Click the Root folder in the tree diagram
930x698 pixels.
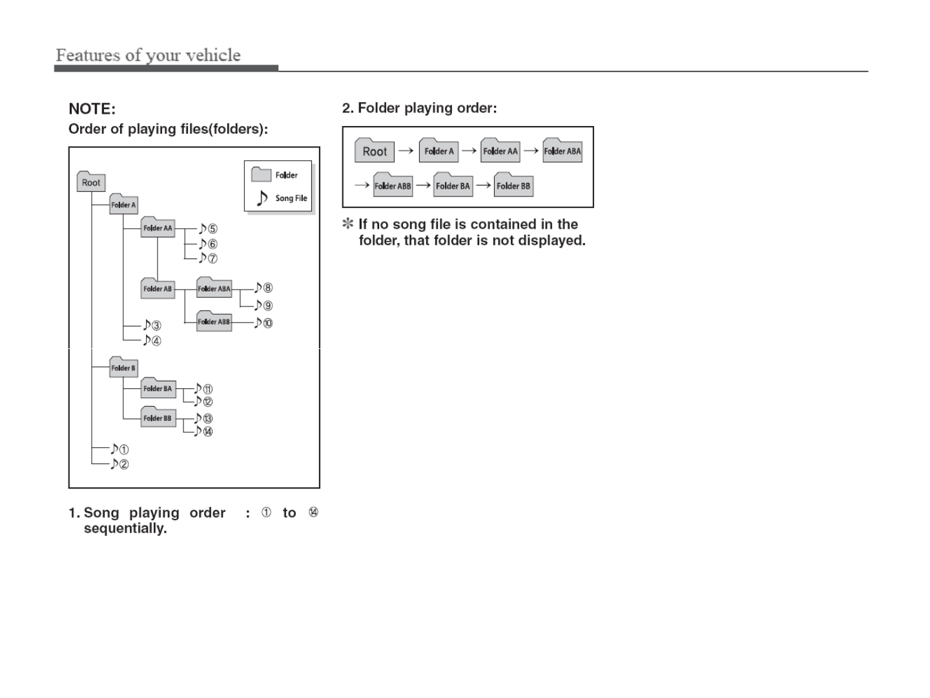[x=90, y=182]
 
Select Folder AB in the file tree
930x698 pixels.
[x=158, y=288]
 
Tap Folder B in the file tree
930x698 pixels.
[x=123, y=368]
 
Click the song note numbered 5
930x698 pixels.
[x=208, y=229]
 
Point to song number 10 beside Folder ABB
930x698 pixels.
[x=263, y=323]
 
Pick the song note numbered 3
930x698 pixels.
[x=152, y=326]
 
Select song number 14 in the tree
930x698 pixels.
[x=203, y=431]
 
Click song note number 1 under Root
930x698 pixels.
[x=119, y=449]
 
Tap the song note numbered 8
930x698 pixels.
[x=263, y=288]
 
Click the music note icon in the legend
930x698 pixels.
[x=262, y=198]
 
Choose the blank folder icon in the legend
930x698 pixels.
[x=261, y=174]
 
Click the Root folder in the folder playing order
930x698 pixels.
[x=374, y=151]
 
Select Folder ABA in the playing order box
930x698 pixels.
[x=562, y=151]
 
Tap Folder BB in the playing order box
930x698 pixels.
[x=513, y=185]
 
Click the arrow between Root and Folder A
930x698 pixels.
[x=406, y=151]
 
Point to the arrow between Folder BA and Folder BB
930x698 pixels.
[x=482, y=185]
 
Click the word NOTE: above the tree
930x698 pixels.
[x=92, y=109]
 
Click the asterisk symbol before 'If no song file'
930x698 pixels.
[x=348, y=224]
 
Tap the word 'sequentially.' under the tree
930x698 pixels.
[x=125, y=529]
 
